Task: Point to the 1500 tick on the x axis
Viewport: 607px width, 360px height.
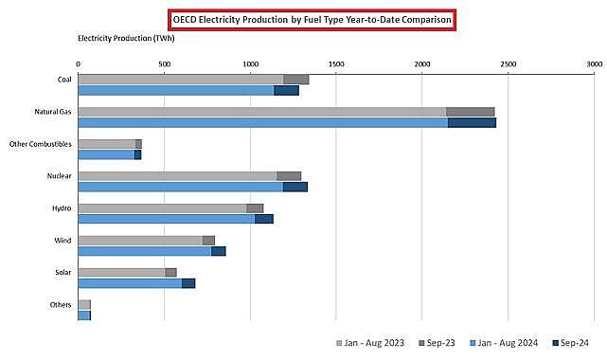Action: coord(336,63)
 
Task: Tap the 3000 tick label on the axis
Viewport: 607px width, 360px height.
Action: coord(594,63)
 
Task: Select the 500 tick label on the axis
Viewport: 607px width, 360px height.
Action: coord(164,63)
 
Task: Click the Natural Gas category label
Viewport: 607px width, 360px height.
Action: coord(53,112)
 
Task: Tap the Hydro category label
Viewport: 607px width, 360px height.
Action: coord(62,208)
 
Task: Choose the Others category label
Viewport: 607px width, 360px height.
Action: coord(61,305)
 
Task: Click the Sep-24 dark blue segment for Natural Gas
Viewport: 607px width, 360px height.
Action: coord(472,122)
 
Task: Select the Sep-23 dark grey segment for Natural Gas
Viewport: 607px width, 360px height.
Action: coord(470,112)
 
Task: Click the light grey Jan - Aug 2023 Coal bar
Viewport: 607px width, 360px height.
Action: coord(180,80)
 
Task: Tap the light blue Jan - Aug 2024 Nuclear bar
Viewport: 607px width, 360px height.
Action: coord(180,187)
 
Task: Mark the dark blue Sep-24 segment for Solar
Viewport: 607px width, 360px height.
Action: coord(188,283)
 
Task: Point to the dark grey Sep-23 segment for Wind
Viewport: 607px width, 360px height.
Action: coord(208,241)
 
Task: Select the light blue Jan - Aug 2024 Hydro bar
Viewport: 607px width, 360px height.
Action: coord(166,219)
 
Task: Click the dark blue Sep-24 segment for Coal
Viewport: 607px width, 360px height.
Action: coord(286,90)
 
